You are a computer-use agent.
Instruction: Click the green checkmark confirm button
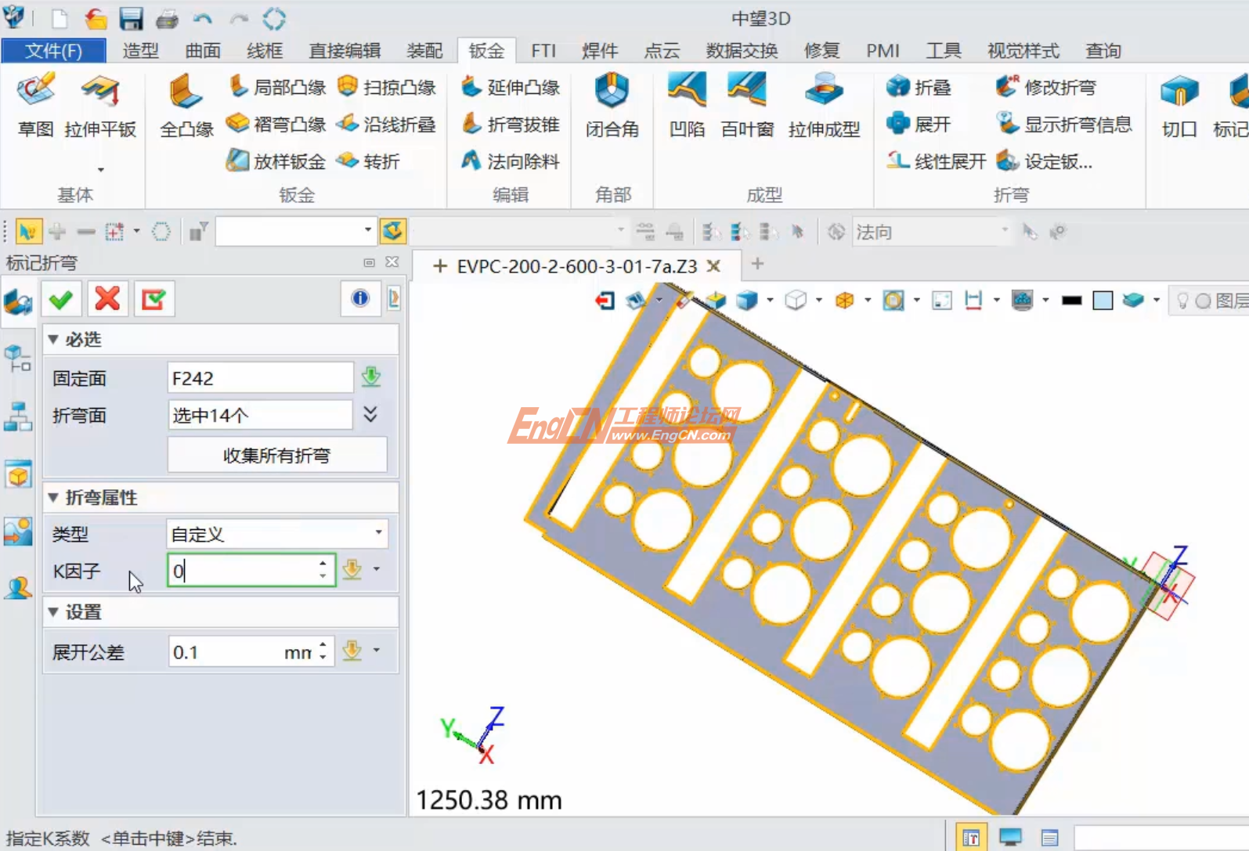point(61,299)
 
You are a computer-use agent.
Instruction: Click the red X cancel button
point(107,299)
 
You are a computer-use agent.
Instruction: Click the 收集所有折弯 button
point(277,455)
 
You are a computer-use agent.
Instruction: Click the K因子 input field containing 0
point(243,571)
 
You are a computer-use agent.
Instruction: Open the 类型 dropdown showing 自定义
point(277,534)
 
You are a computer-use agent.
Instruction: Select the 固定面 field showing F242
point(260,378)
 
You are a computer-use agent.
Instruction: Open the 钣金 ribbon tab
point(486,51)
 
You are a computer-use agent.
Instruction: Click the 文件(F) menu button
point(53,51)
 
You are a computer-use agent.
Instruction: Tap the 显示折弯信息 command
point(1065,124)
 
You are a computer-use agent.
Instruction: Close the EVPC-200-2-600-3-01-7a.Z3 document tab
point(713,266)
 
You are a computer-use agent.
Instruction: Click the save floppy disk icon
point(131,18)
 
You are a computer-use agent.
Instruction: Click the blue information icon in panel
point(360,298)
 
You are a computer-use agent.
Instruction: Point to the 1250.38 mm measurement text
point(489,800)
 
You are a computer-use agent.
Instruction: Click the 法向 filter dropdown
point(932,232)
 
